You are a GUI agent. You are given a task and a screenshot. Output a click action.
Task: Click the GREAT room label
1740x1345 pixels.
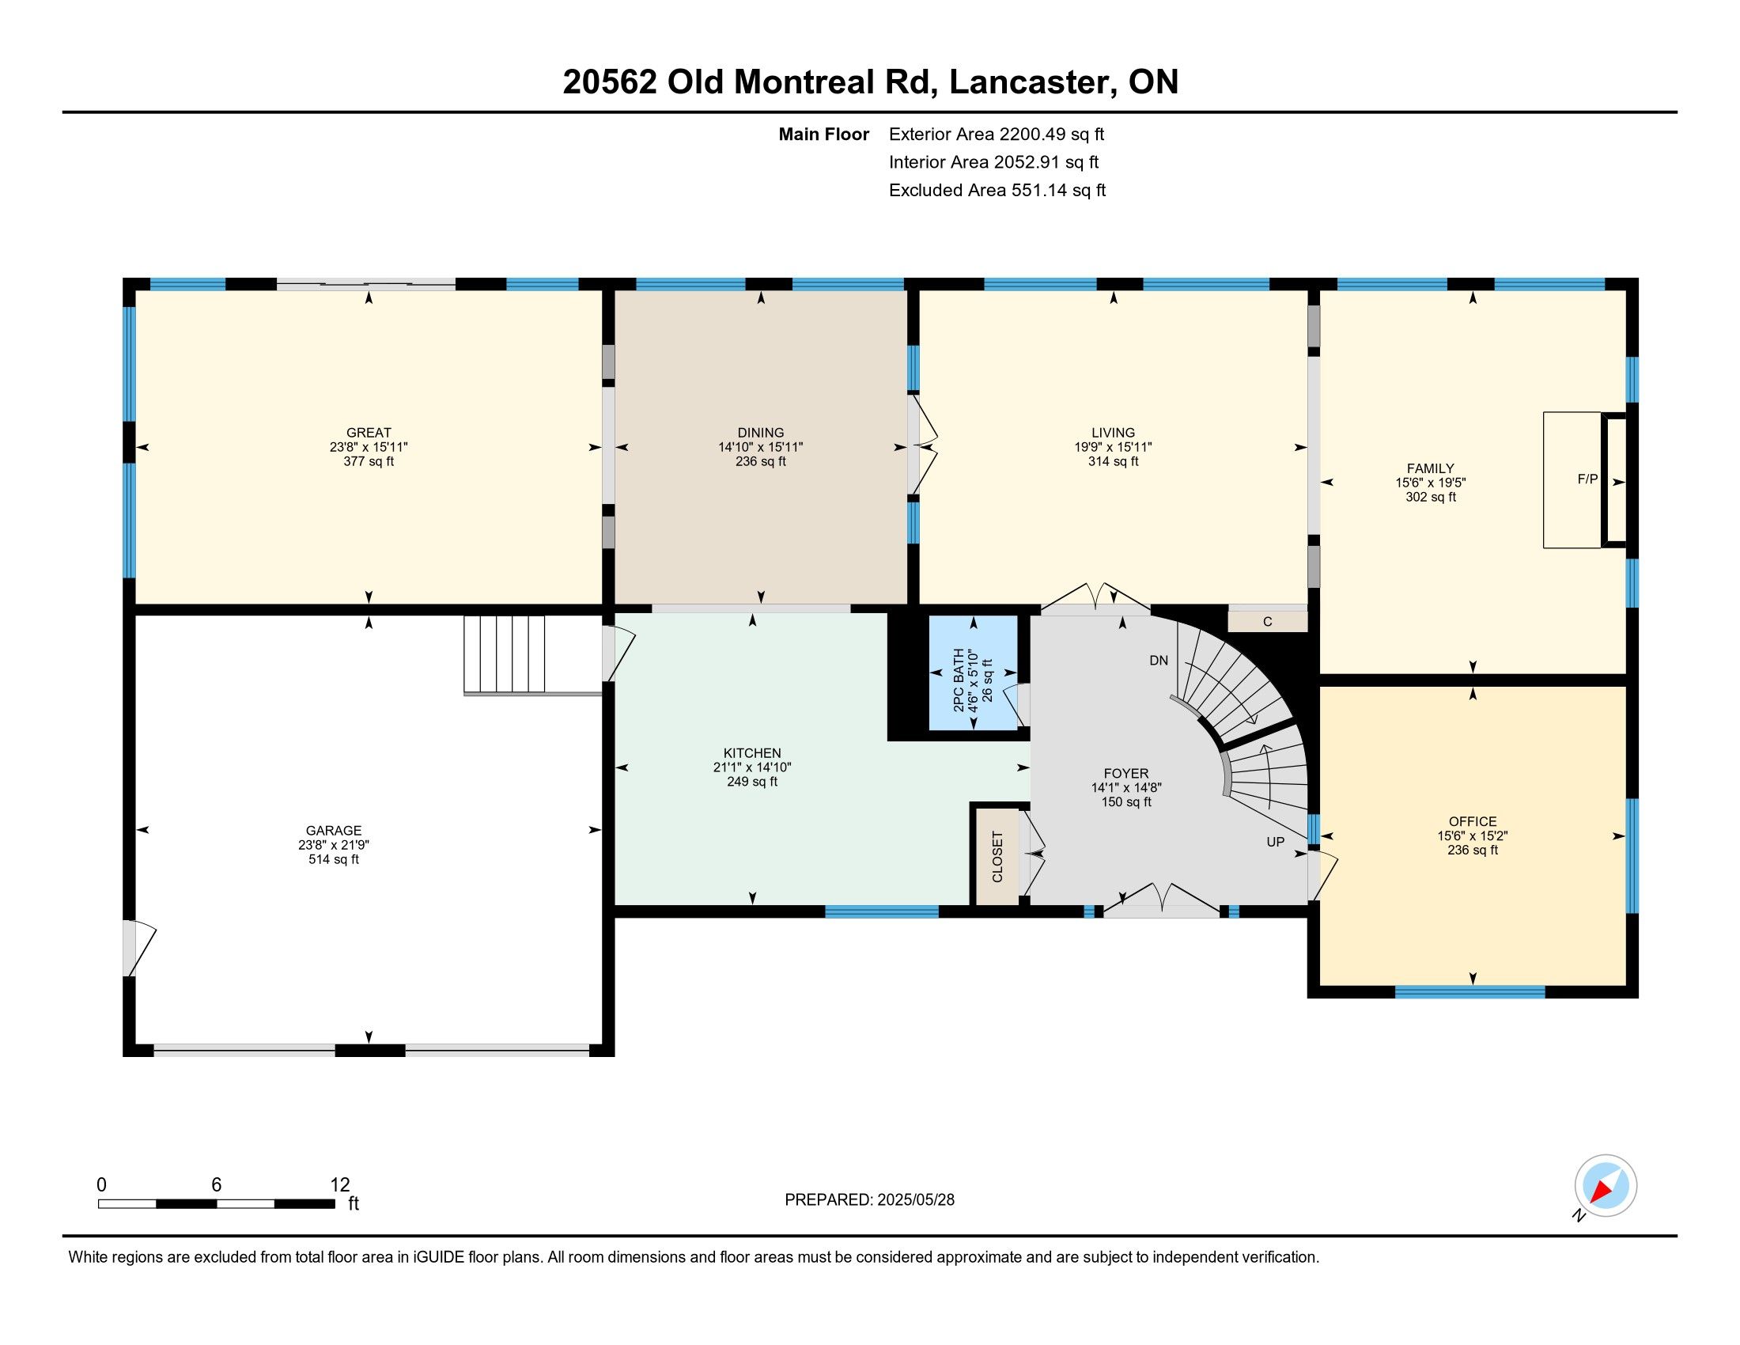368,434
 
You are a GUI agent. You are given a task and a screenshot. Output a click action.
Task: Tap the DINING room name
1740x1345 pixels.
760,434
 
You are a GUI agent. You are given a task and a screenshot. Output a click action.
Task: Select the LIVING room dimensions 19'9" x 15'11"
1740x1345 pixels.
1113,448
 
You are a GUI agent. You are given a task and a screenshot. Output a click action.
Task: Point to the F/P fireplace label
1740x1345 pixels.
1588,479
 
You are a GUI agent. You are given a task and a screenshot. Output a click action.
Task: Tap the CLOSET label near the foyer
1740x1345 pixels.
997,857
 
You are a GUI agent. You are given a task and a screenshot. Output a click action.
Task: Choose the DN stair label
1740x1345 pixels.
1159,661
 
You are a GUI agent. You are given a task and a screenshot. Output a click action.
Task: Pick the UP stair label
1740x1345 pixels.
1276,842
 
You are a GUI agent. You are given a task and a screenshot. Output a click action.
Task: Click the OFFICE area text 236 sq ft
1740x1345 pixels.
1473,851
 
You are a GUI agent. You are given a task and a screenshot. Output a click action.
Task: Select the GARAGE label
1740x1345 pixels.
334,830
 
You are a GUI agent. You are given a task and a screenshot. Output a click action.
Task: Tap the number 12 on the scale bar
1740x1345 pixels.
340,1185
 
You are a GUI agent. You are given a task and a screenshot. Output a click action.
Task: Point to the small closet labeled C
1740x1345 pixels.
1268,622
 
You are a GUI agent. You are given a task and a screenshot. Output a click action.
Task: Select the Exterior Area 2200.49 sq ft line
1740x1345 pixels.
997,134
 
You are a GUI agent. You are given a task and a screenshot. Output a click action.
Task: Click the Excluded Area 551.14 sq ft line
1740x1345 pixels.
997,191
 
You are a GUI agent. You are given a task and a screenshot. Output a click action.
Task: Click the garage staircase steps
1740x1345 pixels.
505,654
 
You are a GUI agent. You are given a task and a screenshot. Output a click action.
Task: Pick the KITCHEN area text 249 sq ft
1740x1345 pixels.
752,782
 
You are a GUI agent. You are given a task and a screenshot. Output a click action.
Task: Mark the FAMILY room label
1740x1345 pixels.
1430,468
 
